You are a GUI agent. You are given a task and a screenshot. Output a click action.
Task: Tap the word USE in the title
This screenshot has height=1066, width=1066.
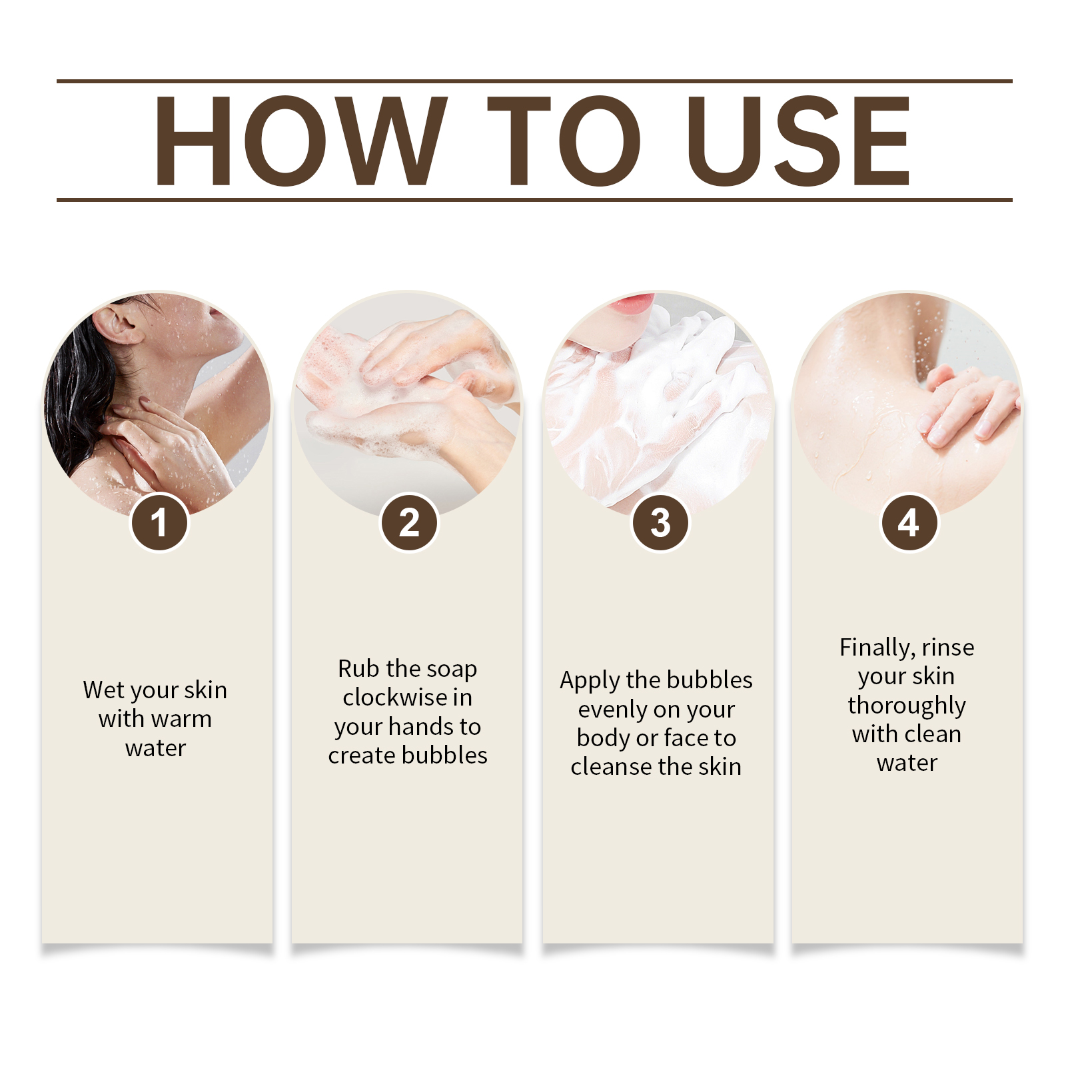click(x=798, y=140)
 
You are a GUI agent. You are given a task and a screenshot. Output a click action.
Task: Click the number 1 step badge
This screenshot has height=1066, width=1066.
click(x=159, y=522)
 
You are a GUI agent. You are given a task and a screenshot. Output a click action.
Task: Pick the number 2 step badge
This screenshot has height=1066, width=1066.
click(x=409, y=522)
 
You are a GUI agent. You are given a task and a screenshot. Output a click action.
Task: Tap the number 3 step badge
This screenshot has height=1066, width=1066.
click(x=660, y=522)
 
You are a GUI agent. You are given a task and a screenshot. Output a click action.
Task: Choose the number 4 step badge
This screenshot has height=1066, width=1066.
click(x=909, y=522)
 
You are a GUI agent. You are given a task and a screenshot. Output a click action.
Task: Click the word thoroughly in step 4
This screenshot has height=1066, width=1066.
click(x=907, y=706)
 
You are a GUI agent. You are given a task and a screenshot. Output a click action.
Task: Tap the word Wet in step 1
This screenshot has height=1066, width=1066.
click(x=104, y=690)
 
